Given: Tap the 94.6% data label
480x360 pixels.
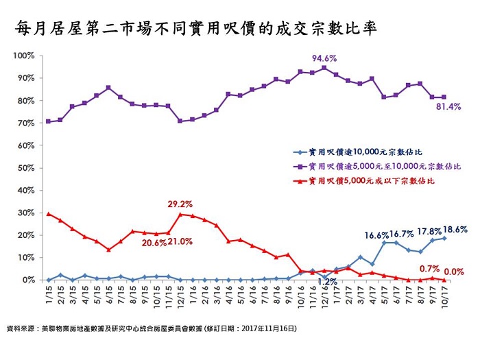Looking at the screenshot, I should (x=324, y=58).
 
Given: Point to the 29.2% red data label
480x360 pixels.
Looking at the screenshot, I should (x=180, y=204).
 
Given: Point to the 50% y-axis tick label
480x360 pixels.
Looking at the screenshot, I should (x=26, y=168).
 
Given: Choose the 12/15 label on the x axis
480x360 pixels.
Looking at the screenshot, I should (x=179, y=296).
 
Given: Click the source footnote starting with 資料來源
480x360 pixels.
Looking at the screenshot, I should (x=151, y=329).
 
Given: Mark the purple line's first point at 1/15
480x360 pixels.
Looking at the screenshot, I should (x=48, y=121).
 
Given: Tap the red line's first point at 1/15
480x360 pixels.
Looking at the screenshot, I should (x=48, y=214).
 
